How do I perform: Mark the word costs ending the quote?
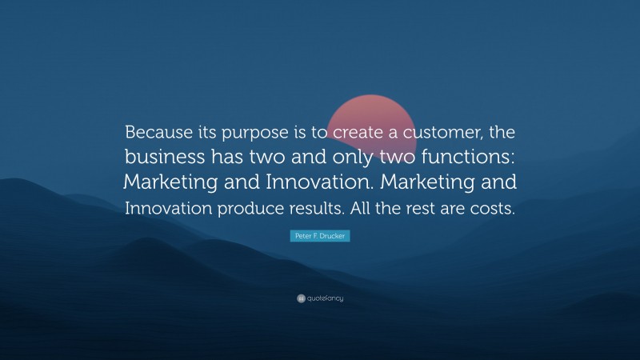coord(494,208)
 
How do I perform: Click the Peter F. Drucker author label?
coord(319,238)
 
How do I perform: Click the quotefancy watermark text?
coord(325,298)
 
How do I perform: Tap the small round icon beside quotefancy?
coord(301,298)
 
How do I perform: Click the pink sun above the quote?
coord(370,108)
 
